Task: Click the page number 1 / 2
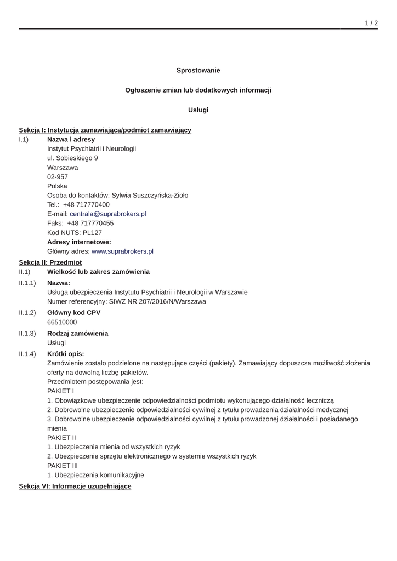coord(371,23)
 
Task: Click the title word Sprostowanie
coord(198,70)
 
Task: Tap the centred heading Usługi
coord(198,110)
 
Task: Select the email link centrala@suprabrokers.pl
coord(107,214)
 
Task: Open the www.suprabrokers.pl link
coord(122,251)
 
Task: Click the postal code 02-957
coord(58,176)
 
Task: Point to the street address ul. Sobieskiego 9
coord(72,158)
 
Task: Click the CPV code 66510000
coord(62,322)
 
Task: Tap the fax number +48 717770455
coord(90,223)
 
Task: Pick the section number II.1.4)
coord(27,353)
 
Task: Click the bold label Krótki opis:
coord(65,353)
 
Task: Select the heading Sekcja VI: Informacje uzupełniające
coord(75,486)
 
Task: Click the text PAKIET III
coord(63,465)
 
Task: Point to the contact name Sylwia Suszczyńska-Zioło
coord(150,195)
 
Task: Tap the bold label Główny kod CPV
coord(73,312)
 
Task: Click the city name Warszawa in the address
coord(63,167)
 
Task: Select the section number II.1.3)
coord(27,333)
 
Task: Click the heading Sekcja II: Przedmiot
coord(50,262)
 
